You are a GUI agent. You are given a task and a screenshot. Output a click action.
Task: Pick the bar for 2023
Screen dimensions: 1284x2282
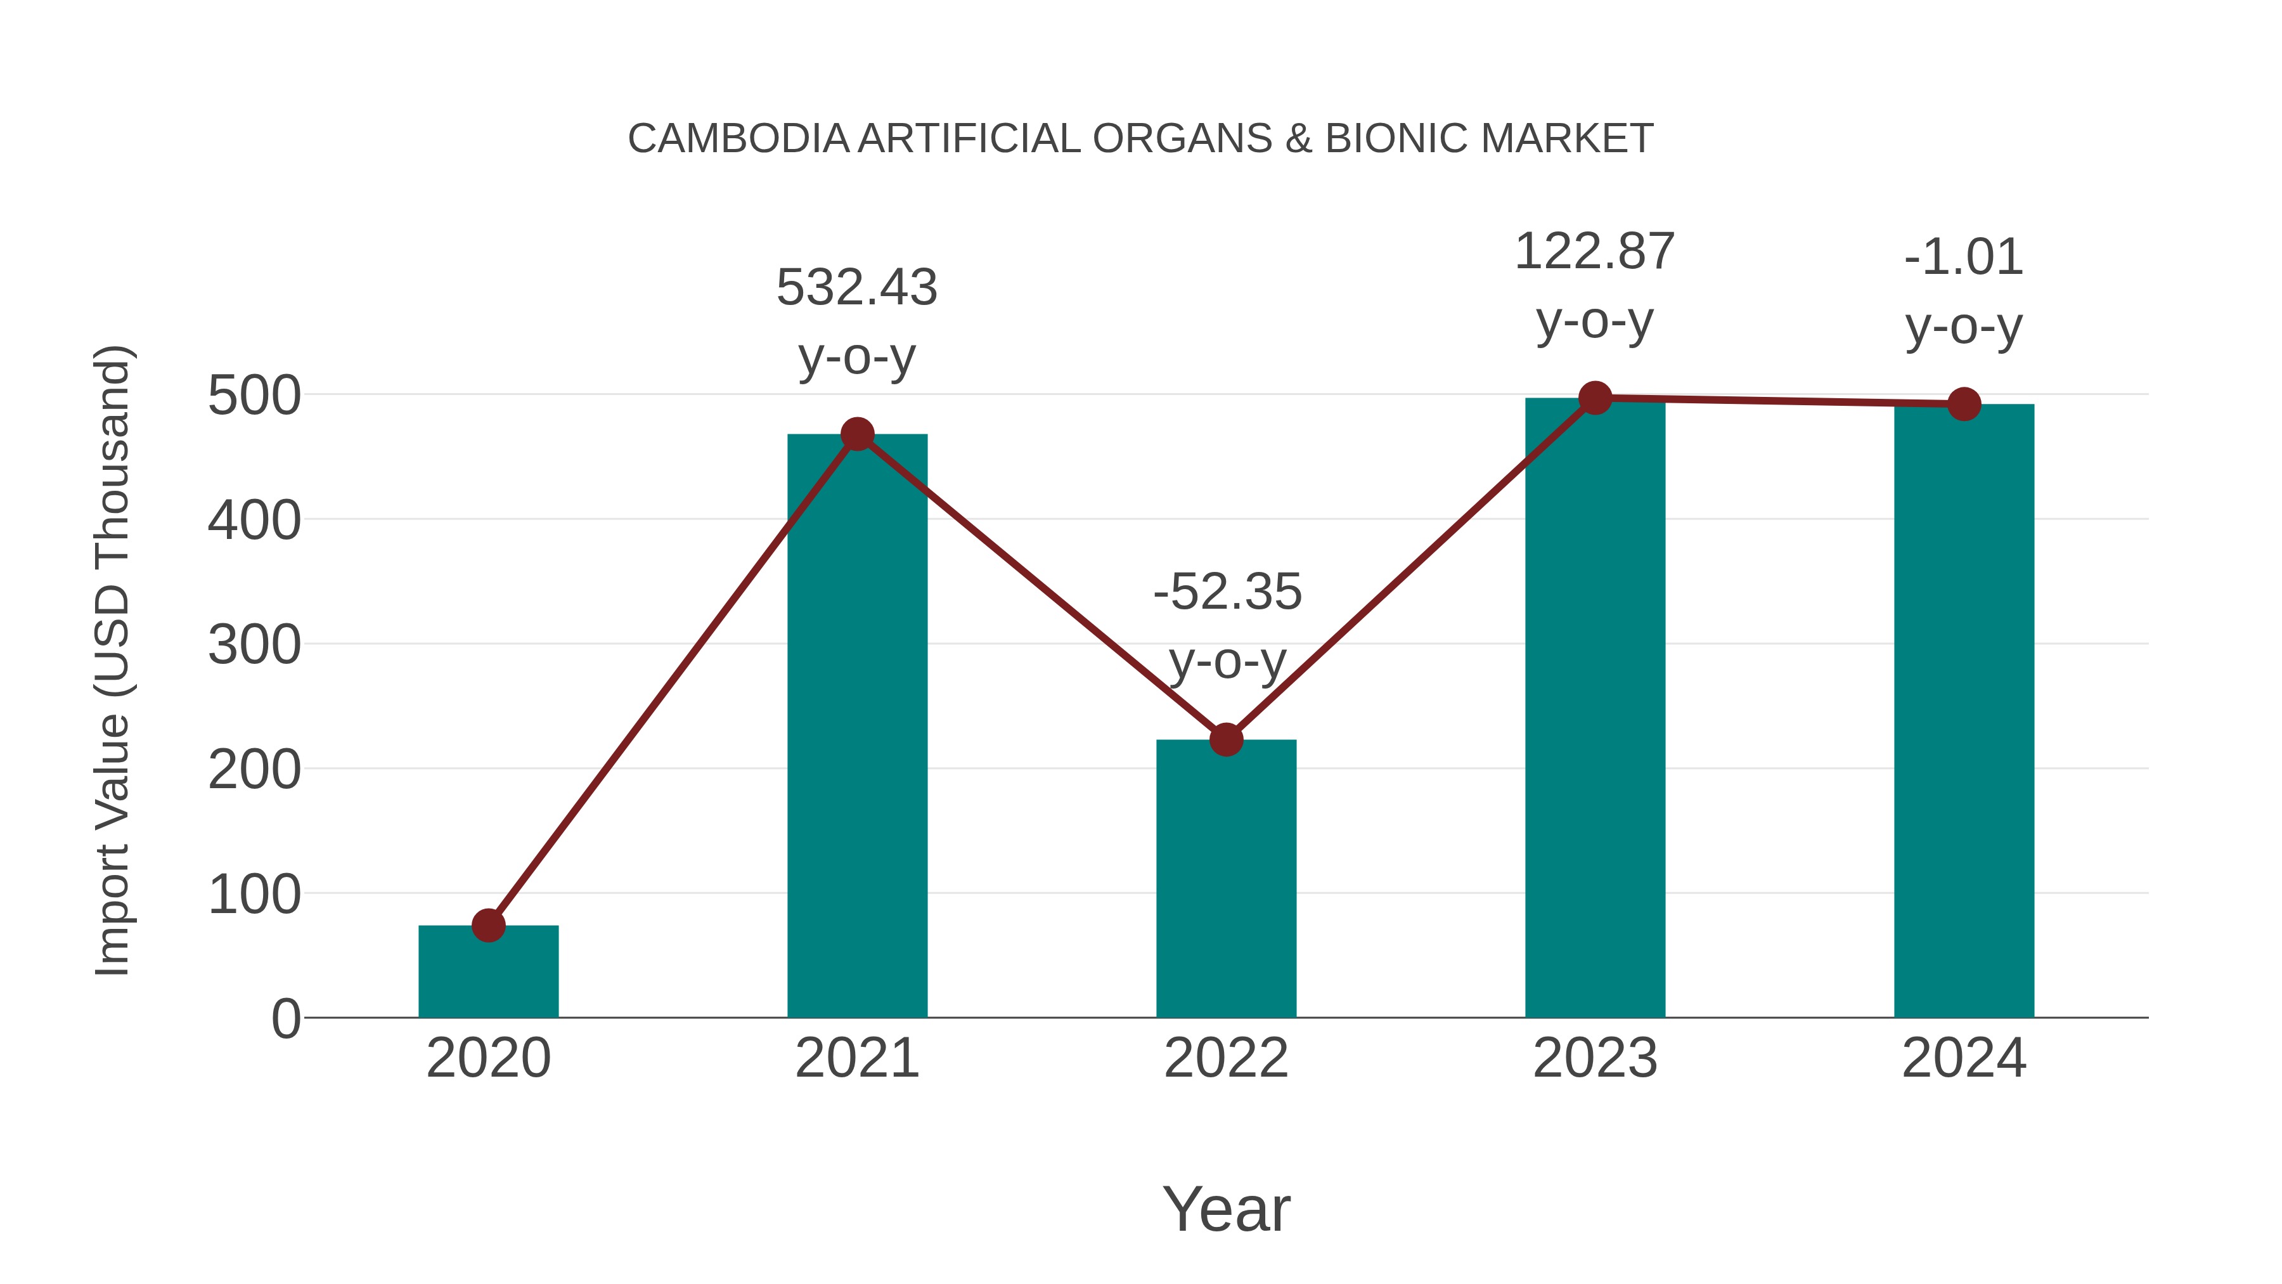pyautogui.click(x=1595, y=709)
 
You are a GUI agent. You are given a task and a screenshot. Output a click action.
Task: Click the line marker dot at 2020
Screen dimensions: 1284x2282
pyautogui.click(x=488, y=925)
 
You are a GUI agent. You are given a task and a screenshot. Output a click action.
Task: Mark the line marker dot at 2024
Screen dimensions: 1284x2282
pyautogui.click(x=1964, y=404)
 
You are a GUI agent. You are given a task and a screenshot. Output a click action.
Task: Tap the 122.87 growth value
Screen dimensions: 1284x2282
pyautogui.click(x=1595, y=252)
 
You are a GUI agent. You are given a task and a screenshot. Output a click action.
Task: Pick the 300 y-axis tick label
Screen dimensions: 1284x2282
pyautogui.click(x=254, y=645)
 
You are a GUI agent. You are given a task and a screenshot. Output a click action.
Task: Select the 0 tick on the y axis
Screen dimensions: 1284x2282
pyautogui.click(x=285, y=1019)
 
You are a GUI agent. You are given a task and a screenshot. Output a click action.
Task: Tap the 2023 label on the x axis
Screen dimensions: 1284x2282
pyautogui.click(x=1595, y=1058)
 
